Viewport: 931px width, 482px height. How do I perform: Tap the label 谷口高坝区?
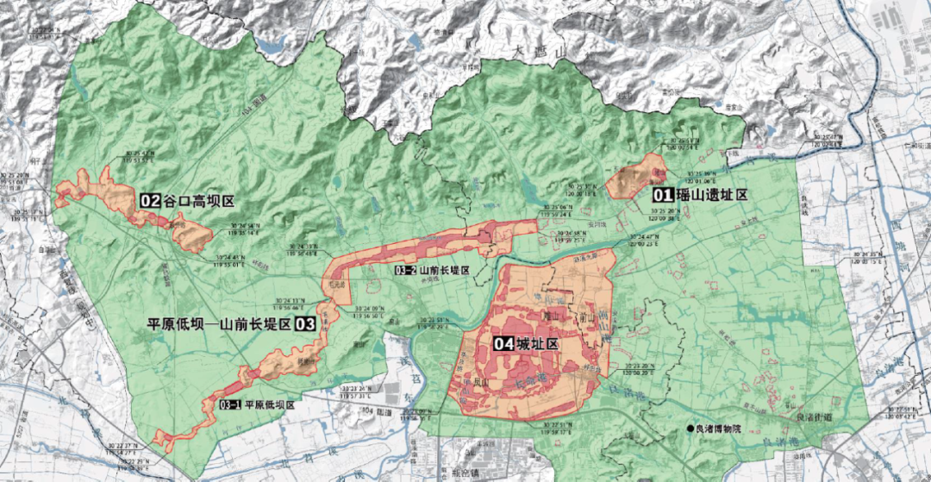coord(199,201)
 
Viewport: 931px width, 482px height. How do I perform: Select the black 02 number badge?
coord(151,201)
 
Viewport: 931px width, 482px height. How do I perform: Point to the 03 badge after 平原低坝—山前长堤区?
coord(305,324)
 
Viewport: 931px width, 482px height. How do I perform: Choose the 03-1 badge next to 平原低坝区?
coord(229,404)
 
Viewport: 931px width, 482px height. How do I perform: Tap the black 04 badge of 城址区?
coord(505,343)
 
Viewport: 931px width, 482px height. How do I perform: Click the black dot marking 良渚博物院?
coord(690,429)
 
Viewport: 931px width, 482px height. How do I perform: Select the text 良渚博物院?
coord(722,429)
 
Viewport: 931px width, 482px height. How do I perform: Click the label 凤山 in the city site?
coord(477,382)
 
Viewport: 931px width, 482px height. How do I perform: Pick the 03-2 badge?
coord(405,271)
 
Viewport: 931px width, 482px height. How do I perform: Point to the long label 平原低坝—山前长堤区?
coord(219,324)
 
